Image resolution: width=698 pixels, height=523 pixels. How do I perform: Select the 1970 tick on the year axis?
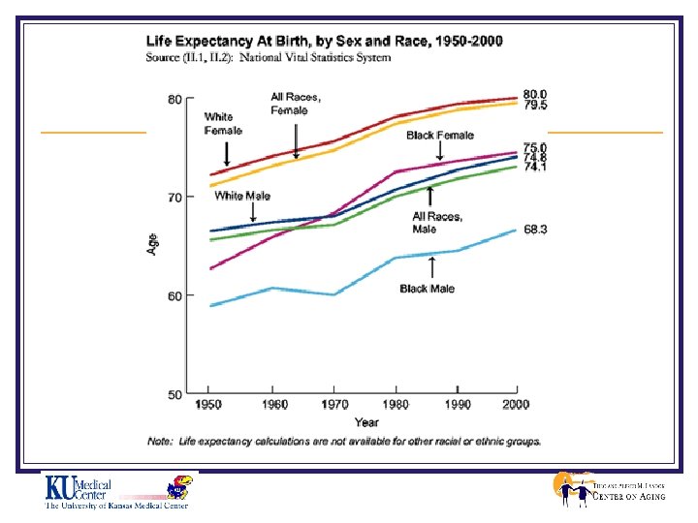click(x=334, y=404)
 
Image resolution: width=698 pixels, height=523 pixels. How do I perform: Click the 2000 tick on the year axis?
click(x=516, y=404)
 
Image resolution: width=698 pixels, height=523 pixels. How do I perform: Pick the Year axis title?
click(x=366, y=422)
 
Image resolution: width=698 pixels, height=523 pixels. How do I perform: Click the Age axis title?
click(x=153, y=246)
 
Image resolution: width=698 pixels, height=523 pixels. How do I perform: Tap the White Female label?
click(x=223, y=123)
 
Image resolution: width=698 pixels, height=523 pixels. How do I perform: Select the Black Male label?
click(x=427, y=289)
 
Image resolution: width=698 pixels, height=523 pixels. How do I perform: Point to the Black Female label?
click(x=439, y=136)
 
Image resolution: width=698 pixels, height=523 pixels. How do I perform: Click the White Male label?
click(x=242, y=196)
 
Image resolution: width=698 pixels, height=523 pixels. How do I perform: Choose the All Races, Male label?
click(x=437, y=223)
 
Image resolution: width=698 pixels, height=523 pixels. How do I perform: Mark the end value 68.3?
click(x=536, y=229)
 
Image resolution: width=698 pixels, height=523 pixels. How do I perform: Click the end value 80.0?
click(x=535, y=94)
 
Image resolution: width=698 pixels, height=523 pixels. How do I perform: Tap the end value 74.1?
click(x=535, y=167)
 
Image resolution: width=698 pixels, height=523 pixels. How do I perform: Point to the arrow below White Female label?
click(x=226, y=153)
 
